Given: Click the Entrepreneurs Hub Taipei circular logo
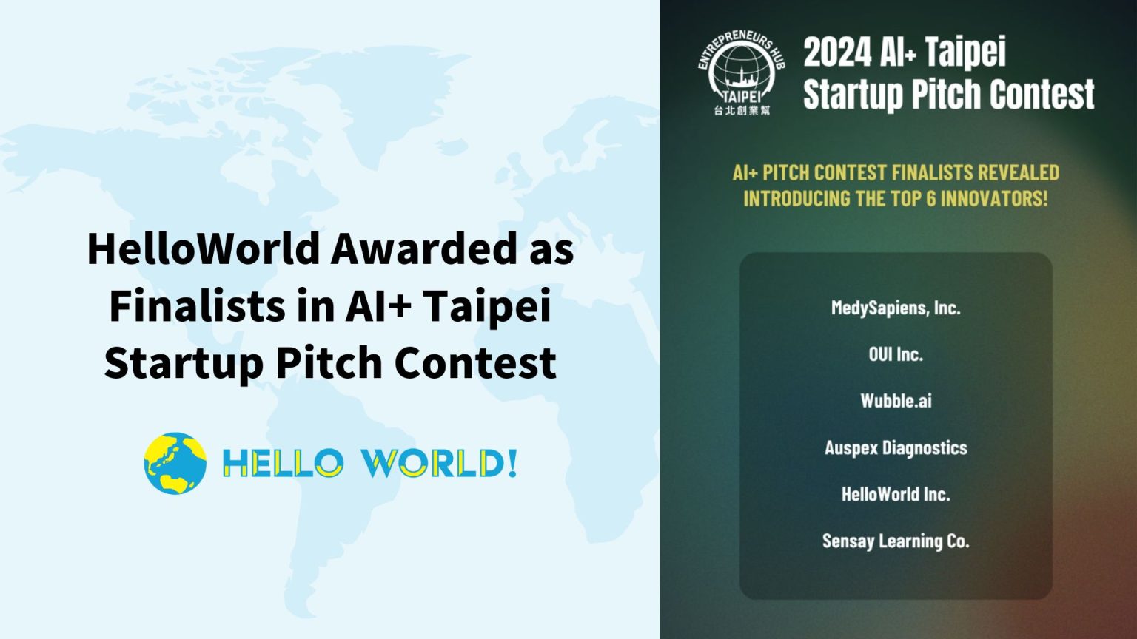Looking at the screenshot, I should point(741,70).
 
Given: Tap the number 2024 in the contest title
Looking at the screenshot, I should point(837,53).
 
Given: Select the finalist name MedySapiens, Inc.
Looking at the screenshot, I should point(896,308).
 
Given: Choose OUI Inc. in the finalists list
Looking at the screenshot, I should point(896,354).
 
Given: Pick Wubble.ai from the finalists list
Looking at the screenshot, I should point(896,401).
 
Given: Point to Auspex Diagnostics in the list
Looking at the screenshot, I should point(896,447).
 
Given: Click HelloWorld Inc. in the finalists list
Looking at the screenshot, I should point(896,494).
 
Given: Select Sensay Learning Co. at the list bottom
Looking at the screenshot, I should point(896,541).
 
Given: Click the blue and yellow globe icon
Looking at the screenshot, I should point(175,464).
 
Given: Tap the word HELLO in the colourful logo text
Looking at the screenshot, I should point(283,464).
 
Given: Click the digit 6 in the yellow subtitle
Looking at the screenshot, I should point(931,198).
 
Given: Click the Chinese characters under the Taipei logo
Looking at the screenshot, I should point(742,111).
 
